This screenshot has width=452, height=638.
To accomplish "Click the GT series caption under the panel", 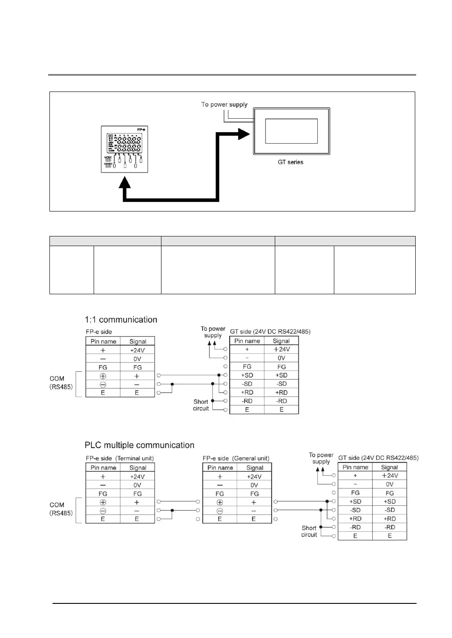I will coord(290,162).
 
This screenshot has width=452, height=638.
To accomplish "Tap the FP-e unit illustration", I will coord(124,149).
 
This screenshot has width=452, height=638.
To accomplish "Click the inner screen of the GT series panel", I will coord(291,130).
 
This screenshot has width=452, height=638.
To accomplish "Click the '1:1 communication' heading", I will coord(121,320).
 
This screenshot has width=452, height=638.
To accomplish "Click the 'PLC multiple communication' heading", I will coord(139,445).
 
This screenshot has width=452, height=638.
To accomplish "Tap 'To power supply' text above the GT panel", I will coord(224,105).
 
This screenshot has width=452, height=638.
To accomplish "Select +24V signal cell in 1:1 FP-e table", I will coord(137,350).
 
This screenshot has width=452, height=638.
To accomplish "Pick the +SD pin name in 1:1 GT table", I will coord(247,375).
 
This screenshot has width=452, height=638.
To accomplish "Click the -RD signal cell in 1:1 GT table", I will coord(281,401).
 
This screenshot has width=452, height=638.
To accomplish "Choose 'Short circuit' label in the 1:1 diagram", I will coord(201,405).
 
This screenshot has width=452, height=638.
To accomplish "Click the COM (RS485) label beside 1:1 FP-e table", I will coord(61,383).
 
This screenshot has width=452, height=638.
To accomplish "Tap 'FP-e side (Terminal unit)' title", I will coord(119,458).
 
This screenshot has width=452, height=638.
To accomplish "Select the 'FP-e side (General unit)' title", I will coord(236,458).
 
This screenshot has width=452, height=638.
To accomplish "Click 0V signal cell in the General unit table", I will coord(254,485).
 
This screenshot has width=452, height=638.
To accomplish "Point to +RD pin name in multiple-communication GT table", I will coord(355,519).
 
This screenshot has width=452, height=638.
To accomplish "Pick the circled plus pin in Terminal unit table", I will coord(103,502).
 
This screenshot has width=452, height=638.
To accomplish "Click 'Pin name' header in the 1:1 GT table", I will coord(247,341).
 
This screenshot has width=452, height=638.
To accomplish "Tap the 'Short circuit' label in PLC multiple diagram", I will coord(309,531).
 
